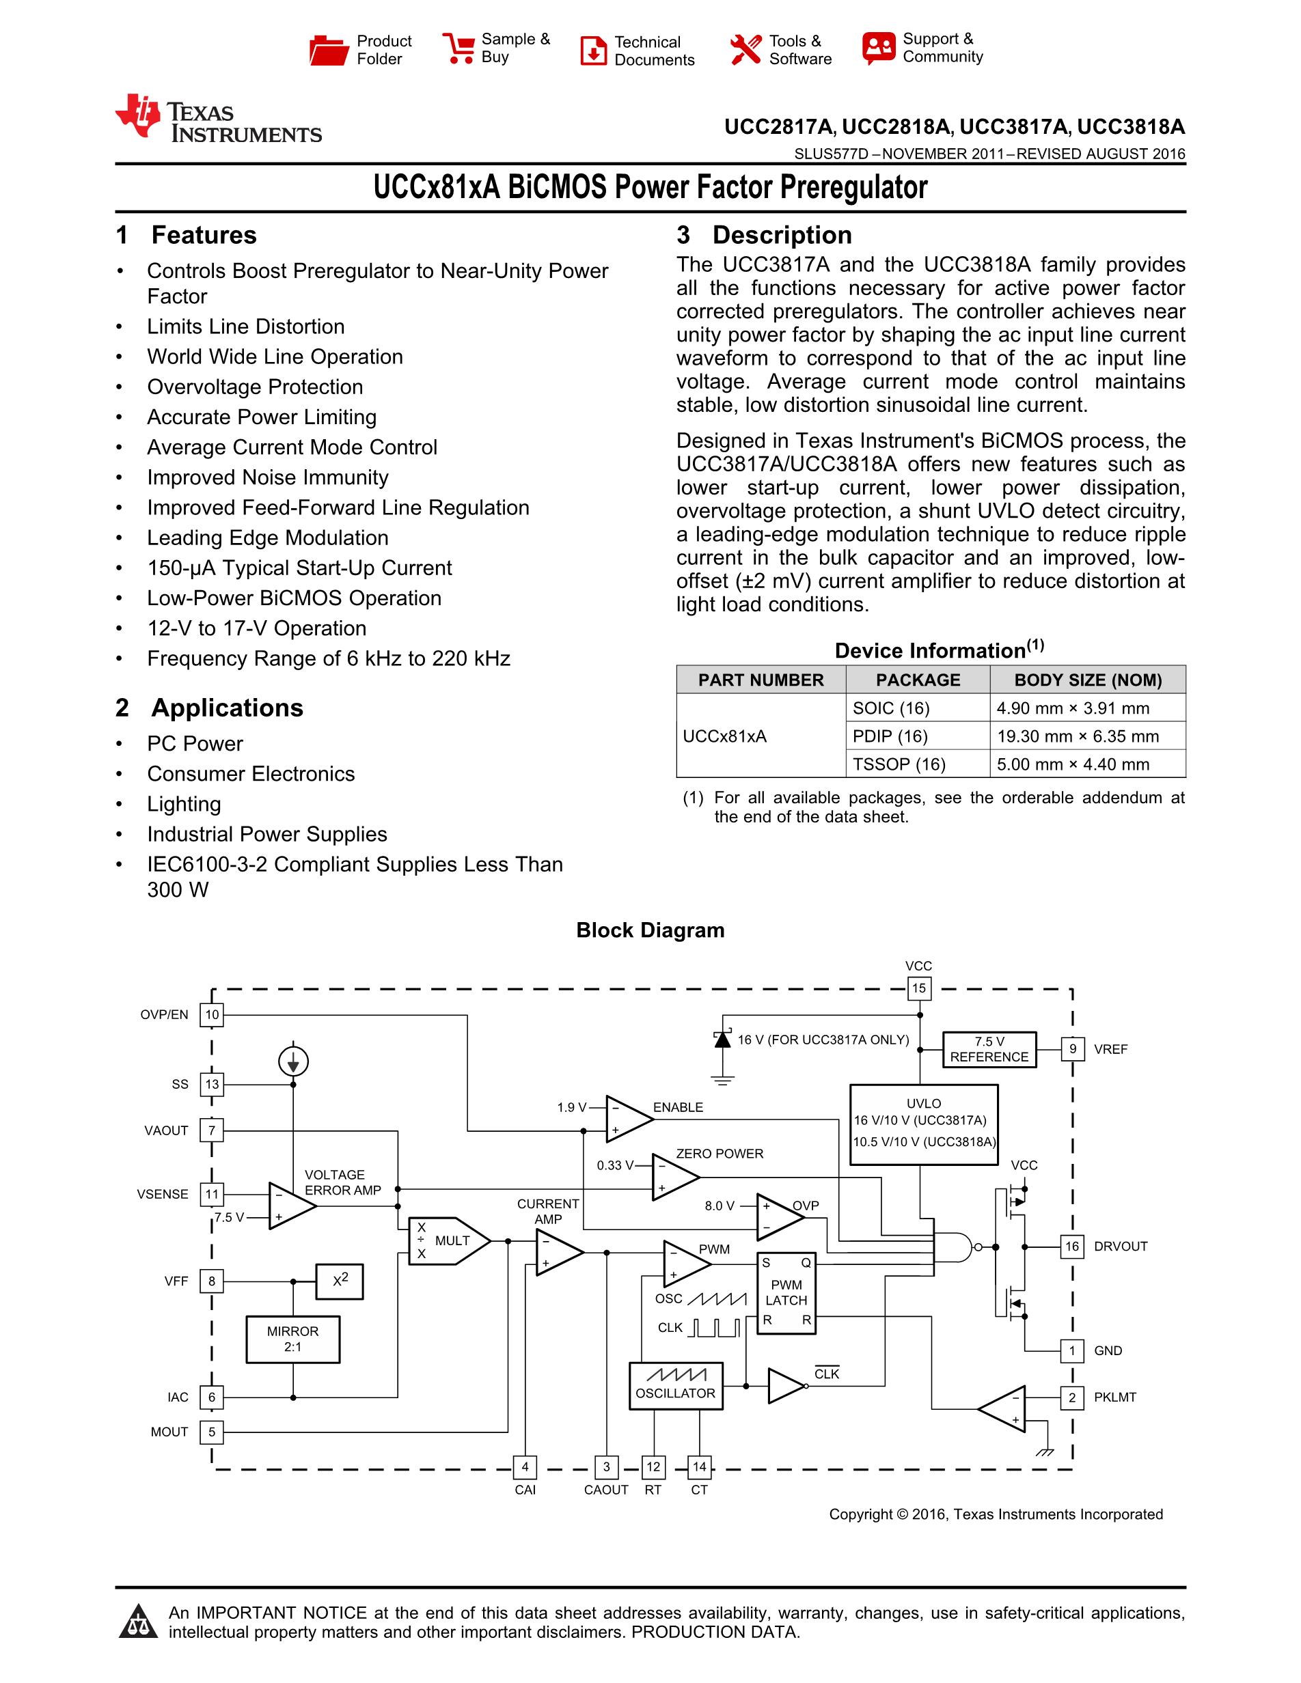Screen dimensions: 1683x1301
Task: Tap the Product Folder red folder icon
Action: [329, 50]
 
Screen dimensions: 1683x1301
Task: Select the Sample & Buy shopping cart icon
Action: [458, 48]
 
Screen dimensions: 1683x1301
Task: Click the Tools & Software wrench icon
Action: [745, 50]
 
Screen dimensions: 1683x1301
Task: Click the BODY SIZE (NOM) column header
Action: [1088, 680]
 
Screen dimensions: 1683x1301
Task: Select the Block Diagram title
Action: [650, 930]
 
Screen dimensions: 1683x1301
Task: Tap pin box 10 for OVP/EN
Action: [212, 1015]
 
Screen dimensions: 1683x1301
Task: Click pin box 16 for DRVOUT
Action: [1072, 1246]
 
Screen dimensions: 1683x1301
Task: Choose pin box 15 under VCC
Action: [919, 988]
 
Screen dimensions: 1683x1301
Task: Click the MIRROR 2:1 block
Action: [293, 1339]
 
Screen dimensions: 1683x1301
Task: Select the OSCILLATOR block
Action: [676, 1387]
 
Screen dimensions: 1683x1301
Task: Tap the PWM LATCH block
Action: [786, 1293]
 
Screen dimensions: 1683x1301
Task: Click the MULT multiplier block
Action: [448, 1240]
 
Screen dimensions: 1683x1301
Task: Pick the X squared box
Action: [339, 1281]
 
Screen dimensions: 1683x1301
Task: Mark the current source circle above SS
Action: [293, 1062]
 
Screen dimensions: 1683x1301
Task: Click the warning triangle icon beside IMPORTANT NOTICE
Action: [139, 1622]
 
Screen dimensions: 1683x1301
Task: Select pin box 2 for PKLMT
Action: [1072, 1397]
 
